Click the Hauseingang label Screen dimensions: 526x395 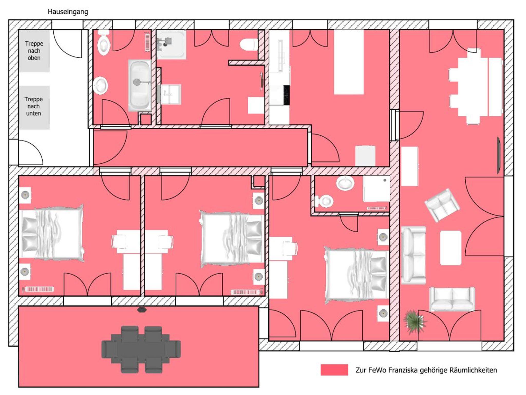(68, 12)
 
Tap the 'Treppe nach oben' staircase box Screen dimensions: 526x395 (34, 51)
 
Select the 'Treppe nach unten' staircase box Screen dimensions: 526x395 (34, 107)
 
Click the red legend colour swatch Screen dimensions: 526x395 (334, 370)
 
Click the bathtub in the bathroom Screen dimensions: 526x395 (140, 86)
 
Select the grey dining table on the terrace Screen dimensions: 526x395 (141, 350)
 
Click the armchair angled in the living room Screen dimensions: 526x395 (442, 205)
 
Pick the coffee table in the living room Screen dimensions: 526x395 (451, 248)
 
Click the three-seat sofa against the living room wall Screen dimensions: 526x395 (414, 255)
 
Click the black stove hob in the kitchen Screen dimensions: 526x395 (287, 95)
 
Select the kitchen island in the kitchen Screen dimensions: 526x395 (349, 62)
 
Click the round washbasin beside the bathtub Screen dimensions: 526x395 (100, 86)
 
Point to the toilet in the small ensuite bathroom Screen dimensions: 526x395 (324, 201)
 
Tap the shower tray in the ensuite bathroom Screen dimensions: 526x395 (376, 189)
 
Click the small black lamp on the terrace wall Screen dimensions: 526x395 (142, 310)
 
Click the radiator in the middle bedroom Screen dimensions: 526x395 (246, 292)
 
